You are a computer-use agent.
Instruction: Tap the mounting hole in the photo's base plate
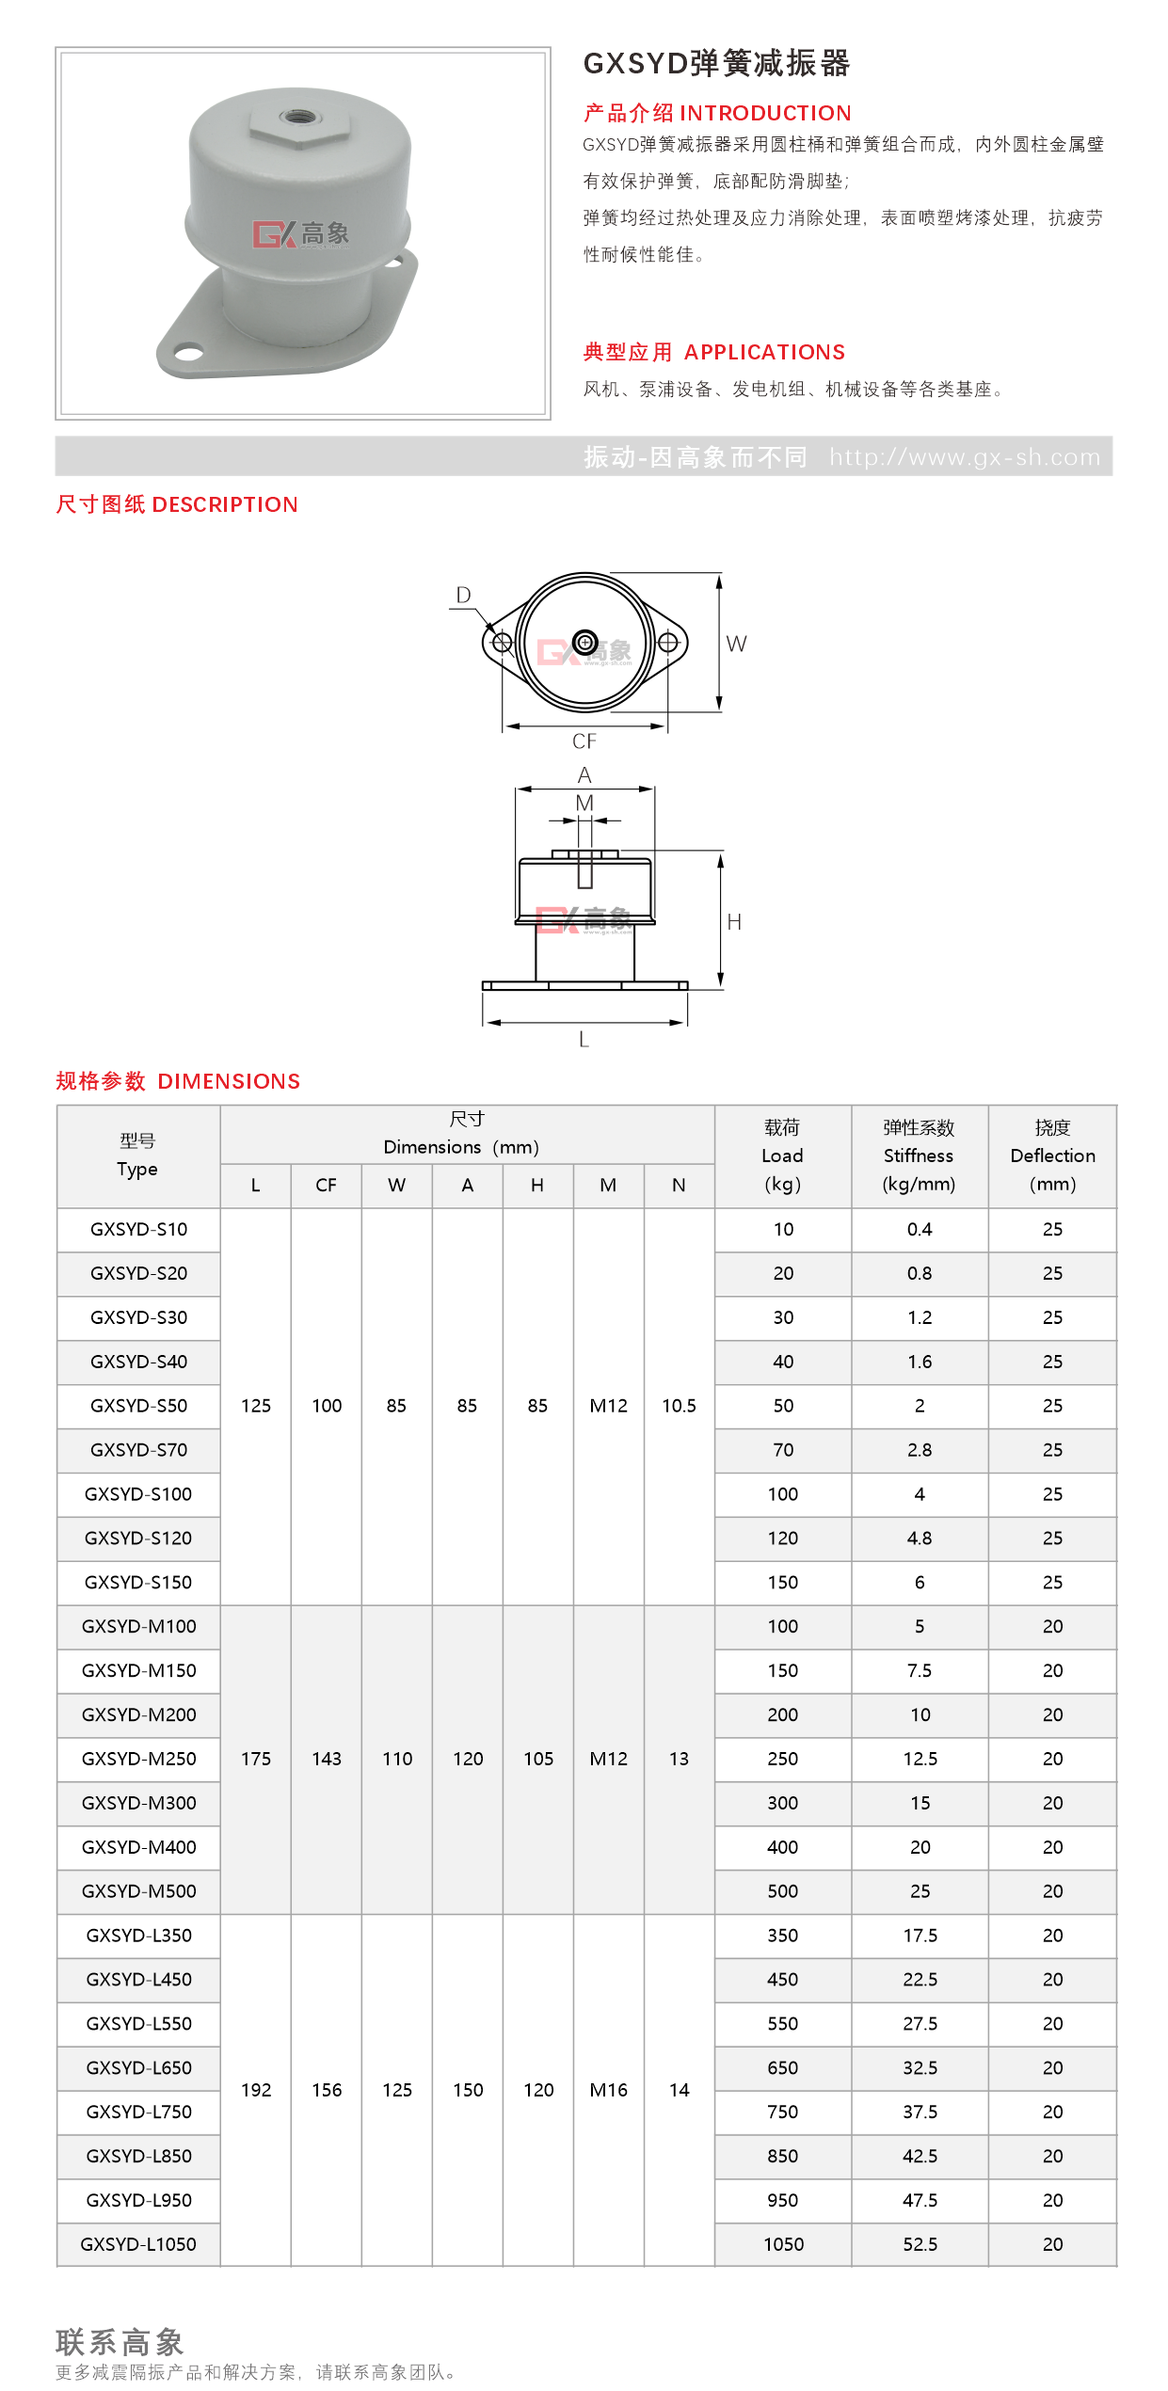pos(189,354)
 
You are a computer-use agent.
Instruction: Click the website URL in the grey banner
pos(965,457)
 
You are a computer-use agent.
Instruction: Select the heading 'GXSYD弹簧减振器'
pos(716,63)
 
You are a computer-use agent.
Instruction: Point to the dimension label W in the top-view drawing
pos(736,644)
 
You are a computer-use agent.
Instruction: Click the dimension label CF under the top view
pos(584,741)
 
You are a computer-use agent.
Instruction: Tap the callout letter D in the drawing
pos(463,595)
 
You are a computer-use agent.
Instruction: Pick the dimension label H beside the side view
pos(734,922)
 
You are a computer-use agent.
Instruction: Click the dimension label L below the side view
pos(584,1040)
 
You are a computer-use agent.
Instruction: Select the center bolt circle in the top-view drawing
pos(584,643)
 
